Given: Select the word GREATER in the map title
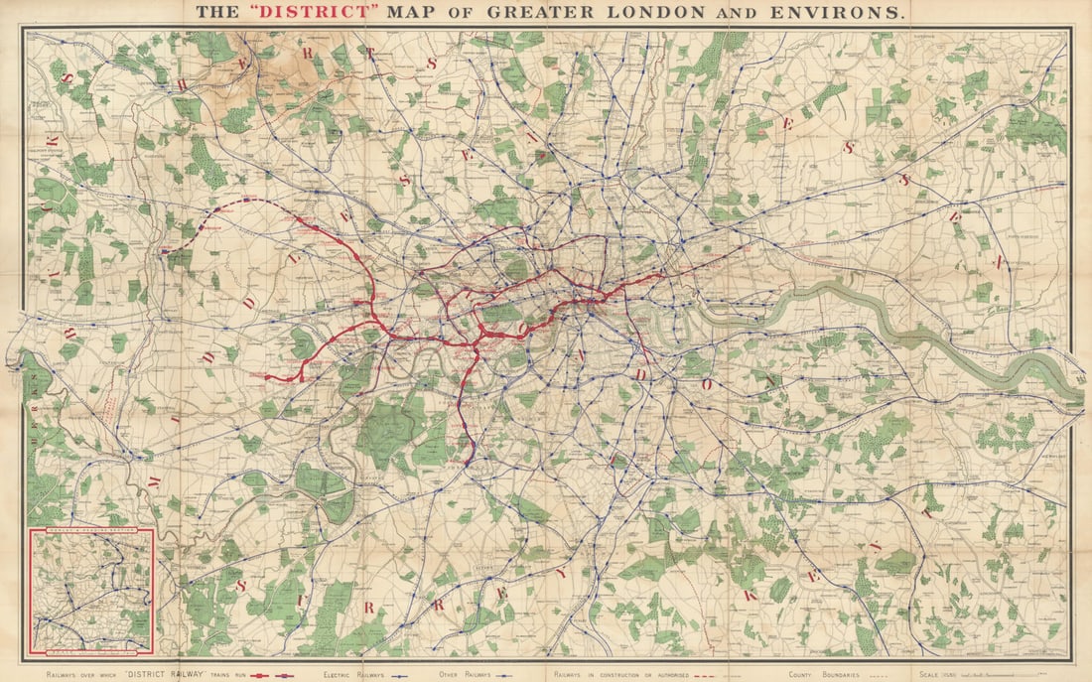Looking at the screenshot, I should [x=527, y=13].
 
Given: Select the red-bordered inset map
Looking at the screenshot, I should [x=90, y=592].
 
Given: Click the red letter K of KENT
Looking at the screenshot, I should [x=749, y=596].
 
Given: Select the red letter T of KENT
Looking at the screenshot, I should [x=928, y=512].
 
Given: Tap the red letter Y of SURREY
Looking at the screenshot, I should [x=560, y=574].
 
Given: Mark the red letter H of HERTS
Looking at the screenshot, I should [x=183, y=84].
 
